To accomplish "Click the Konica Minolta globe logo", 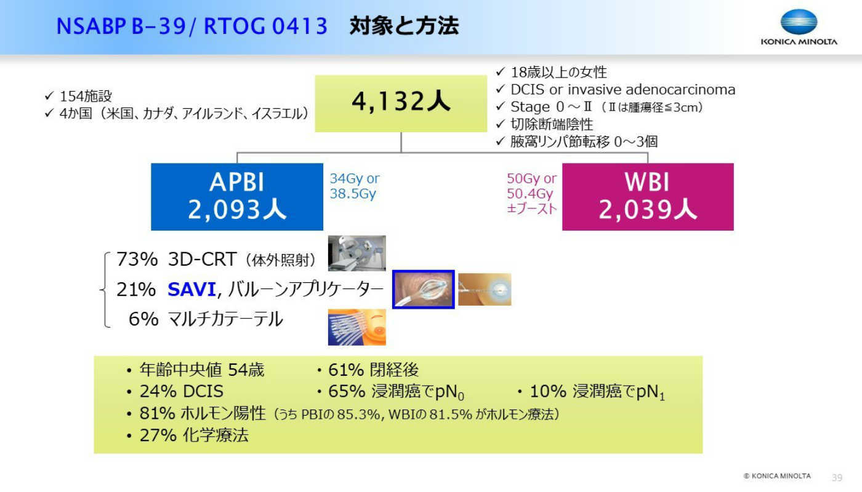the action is point(799,22).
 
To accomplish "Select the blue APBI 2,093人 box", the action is point(237,197).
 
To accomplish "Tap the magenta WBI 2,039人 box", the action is point(648,197).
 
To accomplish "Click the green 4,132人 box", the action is point(401,103).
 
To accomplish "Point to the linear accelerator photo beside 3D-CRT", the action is point(356,253).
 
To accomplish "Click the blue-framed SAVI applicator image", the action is point(424,290).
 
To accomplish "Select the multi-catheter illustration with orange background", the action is point(356,327).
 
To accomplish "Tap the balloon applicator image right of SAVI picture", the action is point(485,290).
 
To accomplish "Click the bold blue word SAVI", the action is point(191,290).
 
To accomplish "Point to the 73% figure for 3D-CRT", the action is point(137,259).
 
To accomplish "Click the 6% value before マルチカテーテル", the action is point(143,319).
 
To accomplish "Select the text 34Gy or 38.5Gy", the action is point(355,186).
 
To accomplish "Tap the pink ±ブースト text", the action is point(532,208).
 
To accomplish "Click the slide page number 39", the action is point(837,477).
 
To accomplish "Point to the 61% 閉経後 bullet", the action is point(368,370).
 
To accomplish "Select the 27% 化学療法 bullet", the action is point(188,435).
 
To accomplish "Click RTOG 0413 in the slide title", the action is point(265,26).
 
